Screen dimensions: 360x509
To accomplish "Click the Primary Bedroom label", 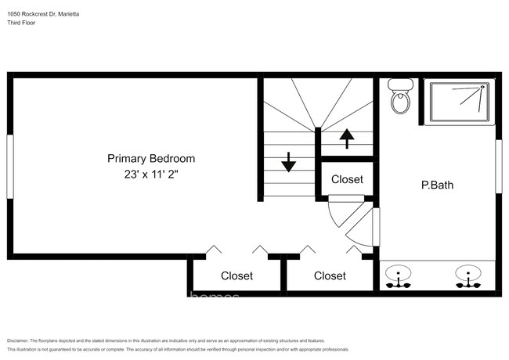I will [151, 159].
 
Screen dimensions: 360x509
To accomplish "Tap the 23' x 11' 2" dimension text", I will [151, 176].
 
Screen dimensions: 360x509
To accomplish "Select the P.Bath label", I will [437, 185].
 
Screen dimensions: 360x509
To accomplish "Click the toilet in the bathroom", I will [400, 96].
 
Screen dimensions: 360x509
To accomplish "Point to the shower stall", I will [460, 102].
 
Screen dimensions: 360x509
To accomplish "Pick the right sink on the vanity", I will [467, 275].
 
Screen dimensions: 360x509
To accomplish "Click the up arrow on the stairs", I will [346, 139].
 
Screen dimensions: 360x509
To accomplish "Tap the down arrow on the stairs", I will [288, 162].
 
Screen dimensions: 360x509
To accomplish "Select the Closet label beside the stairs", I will [347, 179].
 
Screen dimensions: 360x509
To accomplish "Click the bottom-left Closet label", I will [236, 275].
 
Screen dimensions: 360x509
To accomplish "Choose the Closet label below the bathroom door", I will [330, 275].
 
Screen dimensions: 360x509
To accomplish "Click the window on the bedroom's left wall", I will [10, 166].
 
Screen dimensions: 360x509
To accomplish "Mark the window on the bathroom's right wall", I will [497, 166].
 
